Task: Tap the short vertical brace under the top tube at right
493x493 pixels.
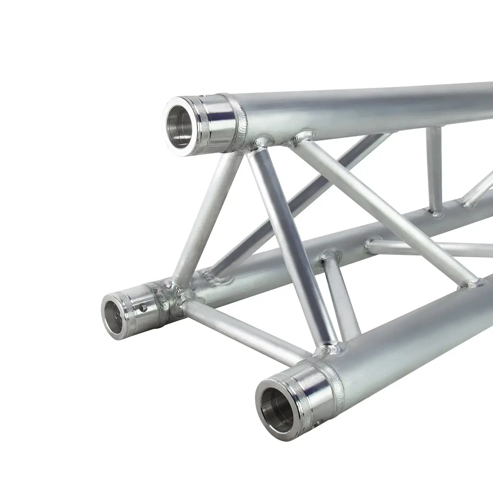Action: coord(433,173)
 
